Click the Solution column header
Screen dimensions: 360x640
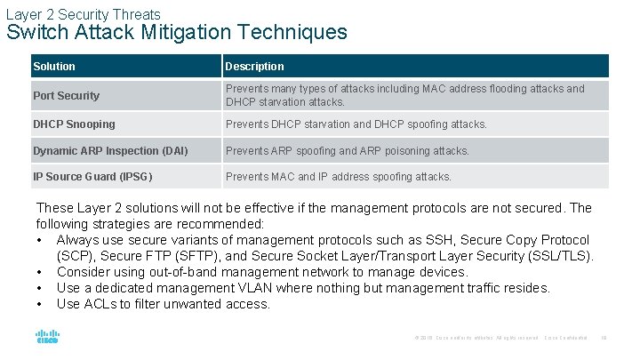coord(54,67)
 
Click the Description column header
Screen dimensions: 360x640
coord(254,67)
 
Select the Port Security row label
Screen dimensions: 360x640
coord(66,96)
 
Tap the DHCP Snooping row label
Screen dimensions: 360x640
coord(74,124)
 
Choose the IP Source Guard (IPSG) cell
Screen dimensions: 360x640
coord(92,177)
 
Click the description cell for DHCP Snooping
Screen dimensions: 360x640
coord(356,124)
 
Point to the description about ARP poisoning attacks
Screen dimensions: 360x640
coord(347,151)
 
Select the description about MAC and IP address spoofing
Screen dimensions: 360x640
coord(338,177)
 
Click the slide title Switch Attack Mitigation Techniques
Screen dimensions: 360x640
coord(177,33)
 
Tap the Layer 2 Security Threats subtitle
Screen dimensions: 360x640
coord(83,14)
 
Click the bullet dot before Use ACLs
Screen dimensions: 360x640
coord(40,304)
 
